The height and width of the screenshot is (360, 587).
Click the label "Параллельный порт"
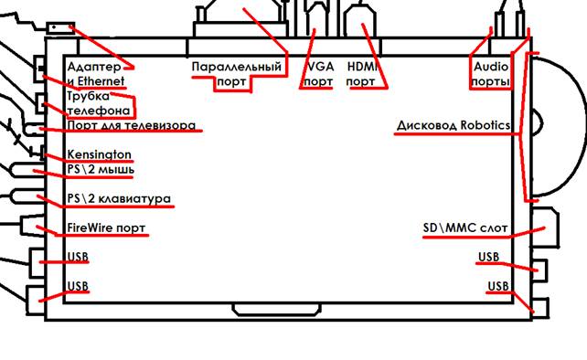[x=236, y=74]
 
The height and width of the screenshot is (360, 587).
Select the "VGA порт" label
[x=318, y=74]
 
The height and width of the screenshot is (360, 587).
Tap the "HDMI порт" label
[x=362, y=74]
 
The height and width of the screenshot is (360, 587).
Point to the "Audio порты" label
[x=491, y=74]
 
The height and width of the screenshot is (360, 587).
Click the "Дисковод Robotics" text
[x=454, y=125]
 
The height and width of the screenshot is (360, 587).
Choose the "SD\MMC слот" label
[x=465, y=228]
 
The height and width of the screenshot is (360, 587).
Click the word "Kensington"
[x=100, y=154]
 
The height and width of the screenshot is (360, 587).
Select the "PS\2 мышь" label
[x=101, y=170]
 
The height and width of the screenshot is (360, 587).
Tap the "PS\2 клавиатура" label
[x=119, y=198]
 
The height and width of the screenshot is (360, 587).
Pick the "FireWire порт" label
[x=106, y=228]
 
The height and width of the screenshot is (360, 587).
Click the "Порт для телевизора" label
[x=132, y=125]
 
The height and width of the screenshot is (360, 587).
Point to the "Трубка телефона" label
[x=99, y=103]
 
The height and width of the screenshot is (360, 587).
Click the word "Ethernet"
[x=101, y=81]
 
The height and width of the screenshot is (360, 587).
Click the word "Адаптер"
[x=94, y=68]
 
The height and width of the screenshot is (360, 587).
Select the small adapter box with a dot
[x=60, y=28]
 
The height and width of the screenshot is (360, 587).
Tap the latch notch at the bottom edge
[x=277, y=310]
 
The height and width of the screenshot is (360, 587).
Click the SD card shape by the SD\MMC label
[x=545, y=227]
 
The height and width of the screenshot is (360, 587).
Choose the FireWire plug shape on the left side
[x=34, y=226]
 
